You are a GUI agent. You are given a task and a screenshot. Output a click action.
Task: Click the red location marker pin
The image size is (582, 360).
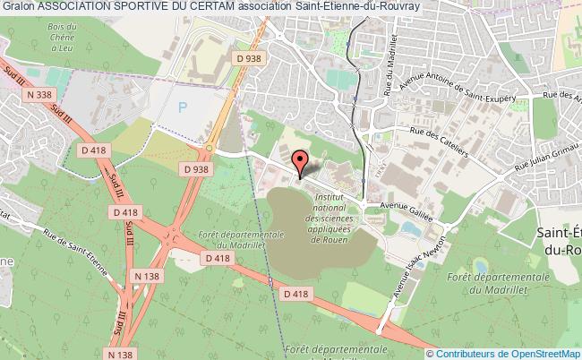pos(300,163)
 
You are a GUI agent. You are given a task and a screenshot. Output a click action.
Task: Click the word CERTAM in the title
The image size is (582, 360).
pos(227,7)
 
